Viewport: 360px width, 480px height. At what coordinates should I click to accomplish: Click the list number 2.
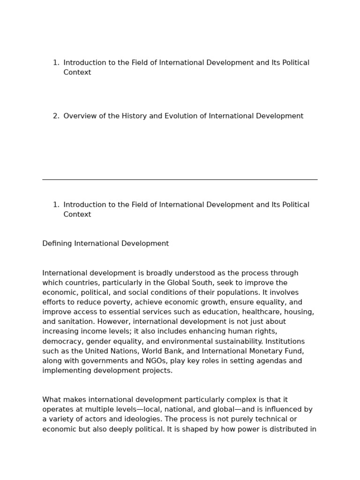coord(56,116)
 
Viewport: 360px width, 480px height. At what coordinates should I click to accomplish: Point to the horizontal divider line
coord(180,180)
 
